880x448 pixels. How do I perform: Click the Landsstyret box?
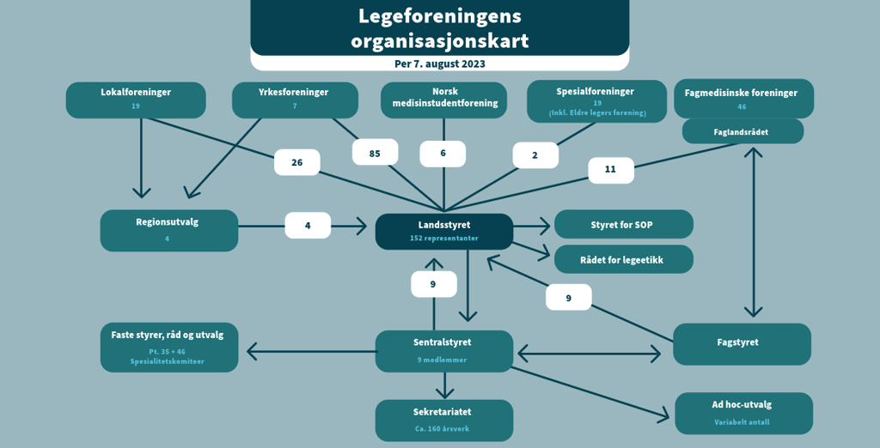(x=443, y=231)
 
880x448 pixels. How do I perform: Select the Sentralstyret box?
(x=443, y=350)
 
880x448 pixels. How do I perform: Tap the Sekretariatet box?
(x=443, y=420)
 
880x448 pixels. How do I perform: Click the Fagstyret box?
(x=742, y=343)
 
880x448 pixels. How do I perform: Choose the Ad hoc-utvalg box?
(x=743, y=413)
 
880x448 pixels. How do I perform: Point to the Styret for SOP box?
(x=623, y=225)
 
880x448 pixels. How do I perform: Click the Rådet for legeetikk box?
(x=623, y=259)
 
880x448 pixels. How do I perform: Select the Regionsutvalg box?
(x=168, y=230)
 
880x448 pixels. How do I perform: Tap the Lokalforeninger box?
(x=136, y=100)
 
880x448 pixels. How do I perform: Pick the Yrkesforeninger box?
(x=295, y=100)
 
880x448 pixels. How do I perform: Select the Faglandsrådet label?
(x=742, y=132)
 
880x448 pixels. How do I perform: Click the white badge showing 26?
(x=296, y=162)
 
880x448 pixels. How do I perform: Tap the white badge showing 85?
(x=375, y=152)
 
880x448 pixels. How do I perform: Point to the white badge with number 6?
(x=443, y=154)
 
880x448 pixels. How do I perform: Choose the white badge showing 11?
(x=610, y=170)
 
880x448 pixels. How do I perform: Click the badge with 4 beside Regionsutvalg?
(x=308, y=226)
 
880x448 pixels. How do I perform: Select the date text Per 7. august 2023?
(x=439, y=64)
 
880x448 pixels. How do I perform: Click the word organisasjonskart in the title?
(x=439, y=40)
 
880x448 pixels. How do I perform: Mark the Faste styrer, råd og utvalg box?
(x=168, y=347)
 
